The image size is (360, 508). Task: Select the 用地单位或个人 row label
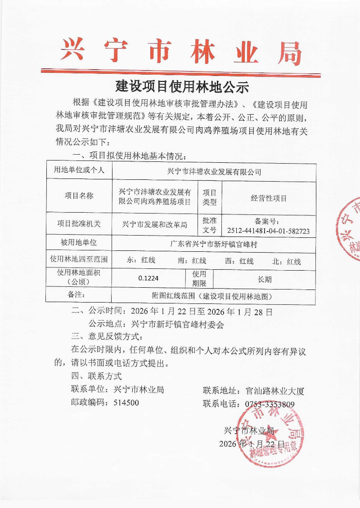click(79, 170)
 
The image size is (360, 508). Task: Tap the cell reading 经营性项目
click(269, 198)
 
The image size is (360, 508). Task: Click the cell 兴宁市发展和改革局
click(154, 224)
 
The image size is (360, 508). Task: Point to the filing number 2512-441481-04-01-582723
click(268, 231)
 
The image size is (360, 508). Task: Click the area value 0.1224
click(148, 278)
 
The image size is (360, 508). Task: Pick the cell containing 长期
click(264, 279)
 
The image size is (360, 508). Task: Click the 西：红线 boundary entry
click(239, 261)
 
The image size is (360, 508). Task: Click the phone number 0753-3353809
click(270, 404)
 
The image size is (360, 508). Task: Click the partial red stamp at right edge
click(350, 229)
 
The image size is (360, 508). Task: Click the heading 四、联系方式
click(96, 376)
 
